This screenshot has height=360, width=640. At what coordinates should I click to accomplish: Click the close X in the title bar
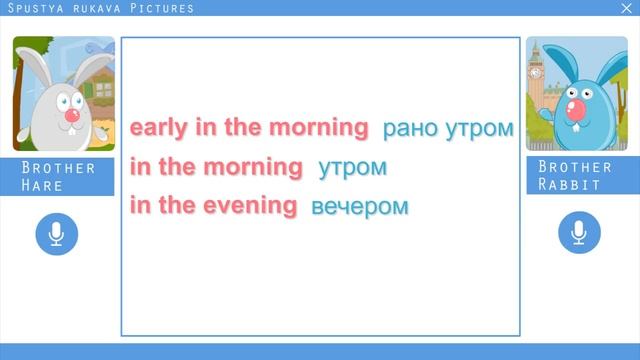point(626,8)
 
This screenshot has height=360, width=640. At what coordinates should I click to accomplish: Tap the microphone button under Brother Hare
point(56,233)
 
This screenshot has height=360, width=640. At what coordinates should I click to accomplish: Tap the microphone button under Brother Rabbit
point(578,233)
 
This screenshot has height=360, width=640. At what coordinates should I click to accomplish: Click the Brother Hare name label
point(58,176)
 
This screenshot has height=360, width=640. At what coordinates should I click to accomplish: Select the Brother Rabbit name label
point(574,176)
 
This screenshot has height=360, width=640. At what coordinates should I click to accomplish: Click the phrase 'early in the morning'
point(249,128)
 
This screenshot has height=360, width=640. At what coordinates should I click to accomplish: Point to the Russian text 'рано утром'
point(448,129)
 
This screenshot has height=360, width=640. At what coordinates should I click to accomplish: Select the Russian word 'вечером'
point(360,207)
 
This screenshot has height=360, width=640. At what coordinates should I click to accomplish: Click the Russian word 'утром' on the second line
point(352,167)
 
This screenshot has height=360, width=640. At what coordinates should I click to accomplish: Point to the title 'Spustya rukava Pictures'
point(100,8)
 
